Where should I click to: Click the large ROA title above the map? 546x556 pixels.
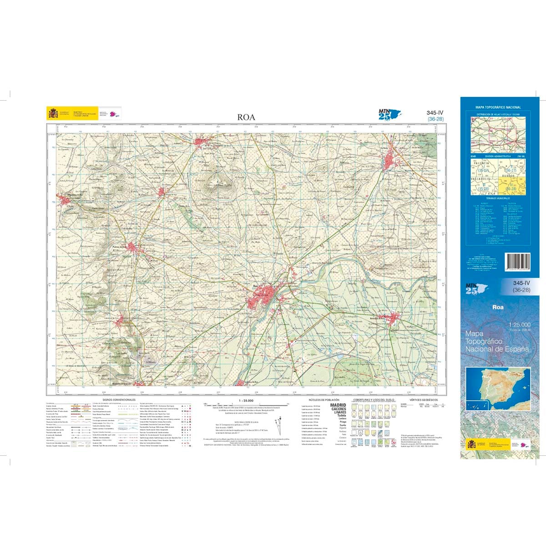246,118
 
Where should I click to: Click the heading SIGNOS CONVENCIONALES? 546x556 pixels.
119,399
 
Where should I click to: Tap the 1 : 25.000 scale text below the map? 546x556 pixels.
246,400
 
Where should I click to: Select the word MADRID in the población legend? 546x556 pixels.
338,405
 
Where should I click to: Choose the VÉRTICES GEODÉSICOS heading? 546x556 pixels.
420,399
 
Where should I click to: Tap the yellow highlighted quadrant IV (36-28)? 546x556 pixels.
510,186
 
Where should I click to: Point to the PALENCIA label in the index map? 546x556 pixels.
481,163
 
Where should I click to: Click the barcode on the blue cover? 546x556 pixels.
518,263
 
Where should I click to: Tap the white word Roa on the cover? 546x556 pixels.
498,307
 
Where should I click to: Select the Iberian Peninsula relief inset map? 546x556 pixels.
500,384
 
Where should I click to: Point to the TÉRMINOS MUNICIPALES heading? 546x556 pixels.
498,198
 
